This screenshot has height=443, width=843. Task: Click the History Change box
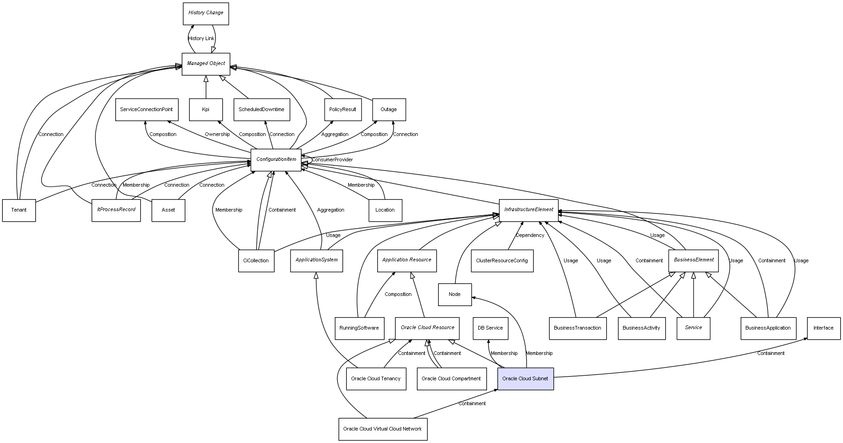(206, 13)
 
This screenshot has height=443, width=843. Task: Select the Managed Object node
(206, 64)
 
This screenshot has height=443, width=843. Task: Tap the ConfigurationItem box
(276, 160)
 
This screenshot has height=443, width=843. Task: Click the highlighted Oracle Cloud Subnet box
(525, 379)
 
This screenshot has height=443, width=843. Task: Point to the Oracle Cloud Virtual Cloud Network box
(382, 429)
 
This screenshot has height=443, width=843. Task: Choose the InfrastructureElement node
(528, 210)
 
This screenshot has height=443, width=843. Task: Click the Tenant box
(19, 210)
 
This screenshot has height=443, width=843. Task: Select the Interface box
(823, 328)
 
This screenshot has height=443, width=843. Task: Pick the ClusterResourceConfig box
(502, 261)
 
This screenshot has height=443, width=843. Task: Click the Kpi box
(206, 110)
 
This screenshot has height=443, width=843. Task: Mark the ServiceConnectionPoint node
(146, 110)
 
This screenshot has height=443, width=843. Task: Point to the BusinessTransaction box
(577, 328)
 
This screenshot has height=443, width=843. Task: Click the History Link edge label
(201, 39)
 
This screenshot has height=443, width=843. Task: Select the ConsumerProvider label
(332, 160)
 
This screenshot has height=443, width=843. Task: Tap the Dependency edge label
(530, 236)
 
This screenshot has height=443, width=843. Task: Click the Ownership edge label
(217, 135)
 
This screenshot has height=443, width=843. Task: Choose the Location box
(385, 210)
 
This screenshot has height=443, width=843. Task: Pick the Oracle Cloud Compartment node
(451, 379)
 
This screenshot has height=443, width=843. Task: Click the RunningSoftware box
(359, 328)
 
